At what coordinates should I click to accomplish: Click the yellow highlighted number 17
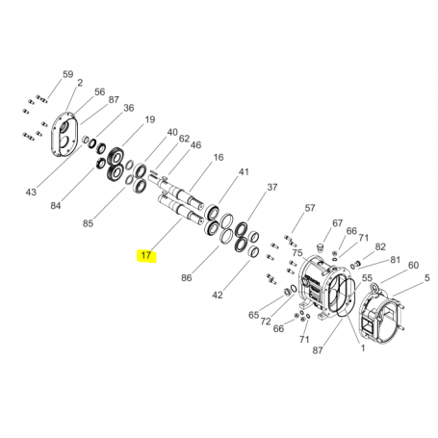tap(146, 255)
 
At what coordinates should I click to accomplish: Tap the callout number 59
tap(67, 74)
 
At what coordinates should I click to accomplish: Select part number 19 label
tap(150, 120)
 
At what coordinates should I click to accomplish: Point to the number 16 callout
tap(219, 157)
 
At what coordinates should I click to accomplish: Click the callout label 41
tap(244, 171)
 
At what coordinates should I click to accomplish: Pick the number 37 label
tap(272, 187)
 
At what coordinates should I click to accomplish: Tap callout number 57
tap(310, 208)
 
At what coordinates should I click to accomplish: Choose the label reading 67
tap(337, 222)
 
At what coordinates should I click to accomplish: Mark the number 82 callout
tap(380, 246)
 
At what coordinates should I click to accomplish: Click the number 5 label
tap(426, 278)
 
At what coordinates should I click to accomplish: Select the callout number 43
tap(31, 193)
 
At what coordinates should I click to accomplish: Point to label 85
tap(88, 223)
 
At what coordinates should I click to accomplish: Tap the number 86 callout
tap(187, 278)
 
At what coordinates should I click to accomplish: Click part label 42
tap(218, 295)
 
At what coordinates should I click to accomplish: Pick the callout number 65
tap(253, 315)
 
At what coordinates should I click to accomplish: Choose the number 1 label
tap(363, 348)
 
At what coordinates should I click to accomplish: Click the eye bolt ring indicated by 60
tap(374, 286)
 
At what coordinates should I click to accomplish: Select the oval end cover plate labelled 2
tap(64, 134)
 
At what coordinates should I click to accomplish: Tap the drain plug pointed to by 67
tap(320, 247)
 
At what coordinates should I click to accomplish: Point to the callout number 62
tap(184, 139)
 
